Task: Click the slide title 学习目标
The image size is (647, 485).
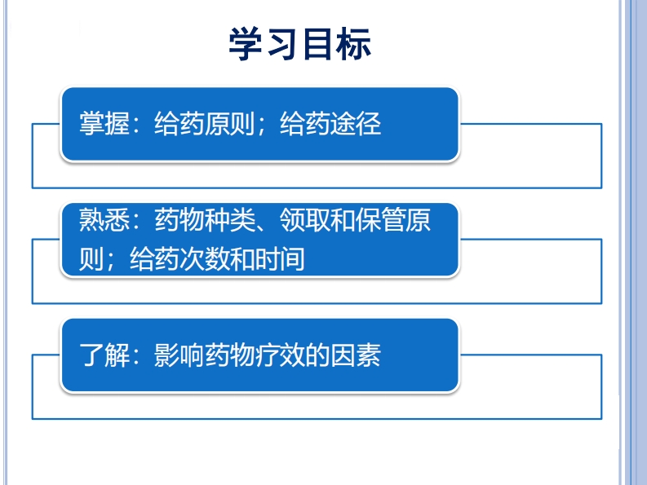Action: click(300, 44)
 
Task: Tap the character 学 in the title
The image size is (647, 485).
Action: click(246, 44)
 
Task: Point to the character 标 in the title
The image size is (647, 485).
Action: click(353, 45)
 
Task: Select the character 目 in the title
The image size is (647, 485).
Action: click(317, 45)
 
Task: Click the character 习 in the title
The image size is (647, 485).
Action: click(282, 45)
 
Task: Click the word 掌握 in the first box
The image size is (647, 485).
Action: click(104, 123)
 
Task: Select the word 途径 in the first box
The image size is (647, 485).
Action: click(355, 123)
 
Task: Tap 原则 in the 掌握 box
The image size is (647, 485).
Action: click(229, 123)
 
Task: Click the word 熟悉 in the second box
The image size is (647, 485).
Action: click(104, 219)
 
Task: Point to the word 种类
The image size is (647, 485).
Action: click(229, 219)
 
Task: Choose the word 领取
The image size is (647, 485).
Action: click(304, 219)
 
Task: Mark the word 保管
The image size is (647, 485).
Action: click(380, 219)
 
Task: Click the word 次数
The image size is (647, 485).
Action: click(204, 258)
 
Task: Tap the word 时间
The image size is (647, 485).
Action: click(280, 258)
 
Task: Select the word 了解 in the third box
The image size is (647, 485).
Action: click(104, 355)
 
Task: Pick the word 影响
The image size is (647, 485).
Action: click(179, 355)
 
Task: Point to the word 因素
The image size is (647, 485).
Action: click(355, 355)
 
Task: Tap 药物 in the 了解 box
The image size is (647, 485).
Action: click(229, 355)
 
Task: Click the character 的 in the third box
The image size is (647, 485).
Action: click(317, 355)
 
